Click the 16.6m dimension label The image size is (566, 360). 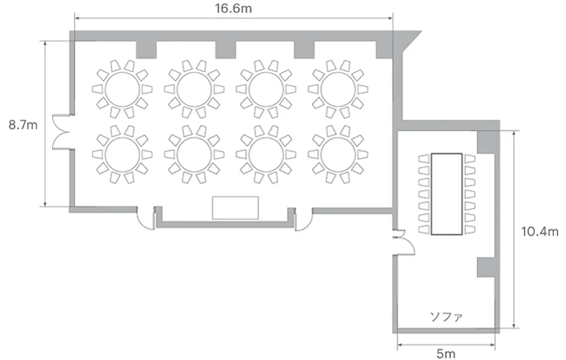[x=233, y=8]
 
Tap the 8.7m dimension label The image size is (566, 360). [x=23, y=125]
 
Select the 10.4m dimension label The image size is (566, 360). [x=540, y=231]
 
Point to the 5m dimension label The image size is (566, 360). [x=445, y=353]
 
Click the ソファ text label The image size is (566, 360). [x=446, y=317]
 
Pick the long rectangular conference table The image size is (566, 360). [x=447, y=194]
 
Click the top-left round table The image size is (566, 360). [x=122, y=89]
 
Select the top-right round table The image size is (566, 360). [x=338, y=89]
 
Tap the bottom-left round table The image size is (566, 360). [x=122, y=154]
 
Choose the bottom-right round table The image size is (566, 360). [x=338, y=154]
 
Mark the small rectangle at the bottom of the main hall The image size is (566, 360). [x=236, y=208]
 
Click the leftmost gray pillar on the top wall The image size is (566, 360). [x=146, y=50]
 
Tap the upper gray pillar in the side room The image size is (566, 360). [x=486, y=142]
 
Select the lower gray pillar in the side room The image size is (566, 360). [x=486, y=268]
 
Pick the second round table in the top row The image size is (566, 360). [x=194, y=89]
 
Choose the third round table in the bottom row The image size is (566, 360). [x=267, y=154]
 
